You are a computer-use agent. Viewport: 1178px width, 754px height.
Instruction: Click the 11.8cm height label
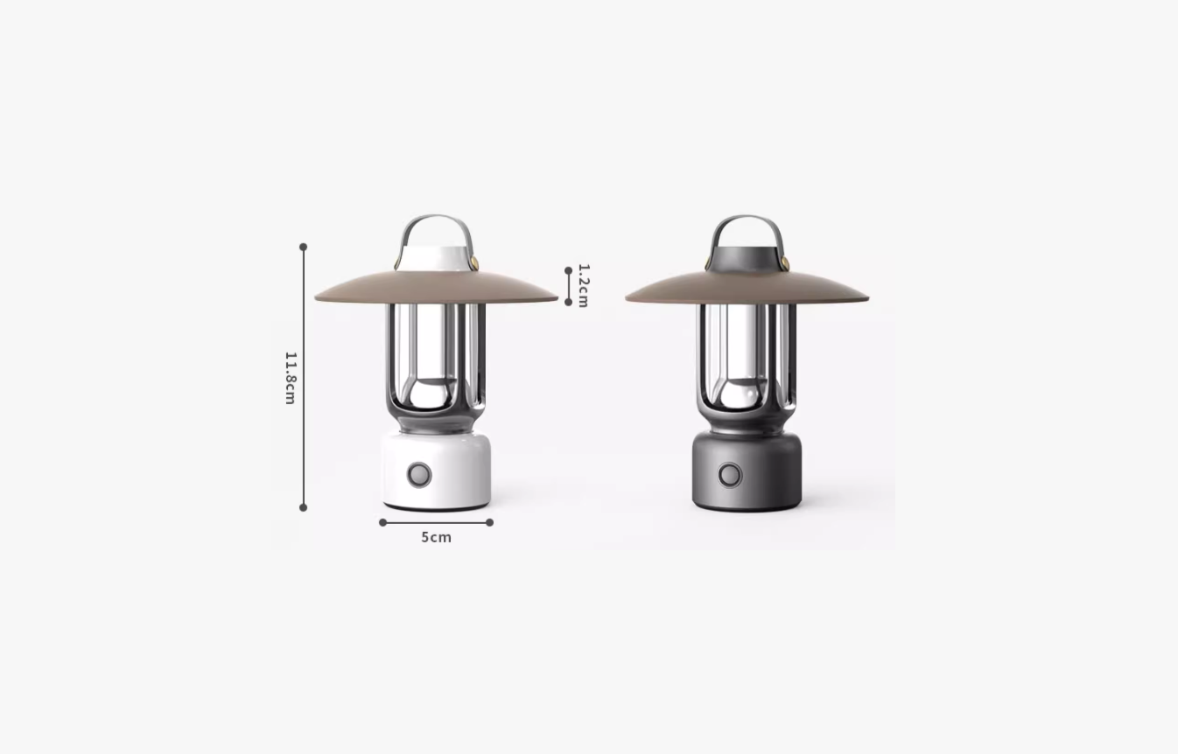click(x=291, y=378)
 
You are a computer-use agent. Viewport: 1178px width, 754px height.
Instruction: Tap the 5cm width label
click(x=436, y=538)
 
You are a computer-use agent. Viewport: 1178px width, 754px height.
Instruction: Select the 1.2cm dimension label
click(x=584, y=285)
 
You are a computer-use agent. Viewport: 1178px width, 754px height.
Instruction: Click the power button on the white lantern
click(x=419, y=475)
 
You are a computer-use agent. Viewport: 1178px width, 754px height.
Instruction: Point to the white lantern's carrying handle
click(x=436, y=217)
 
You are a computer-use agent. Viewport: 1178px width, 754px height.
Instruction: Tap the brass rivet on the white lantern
click(x=474, y=262)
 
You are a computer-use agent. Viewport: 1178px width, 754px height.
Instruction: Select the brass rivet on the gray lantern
click(x=785, y=262)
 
